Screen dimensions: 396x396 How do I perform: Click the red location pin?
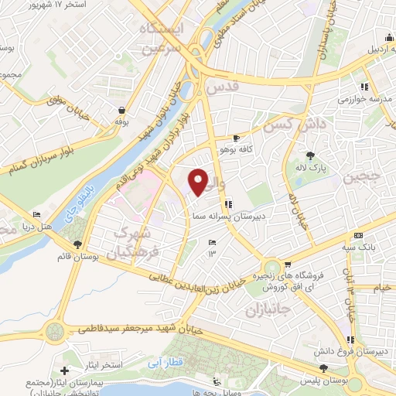point(199,181)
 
